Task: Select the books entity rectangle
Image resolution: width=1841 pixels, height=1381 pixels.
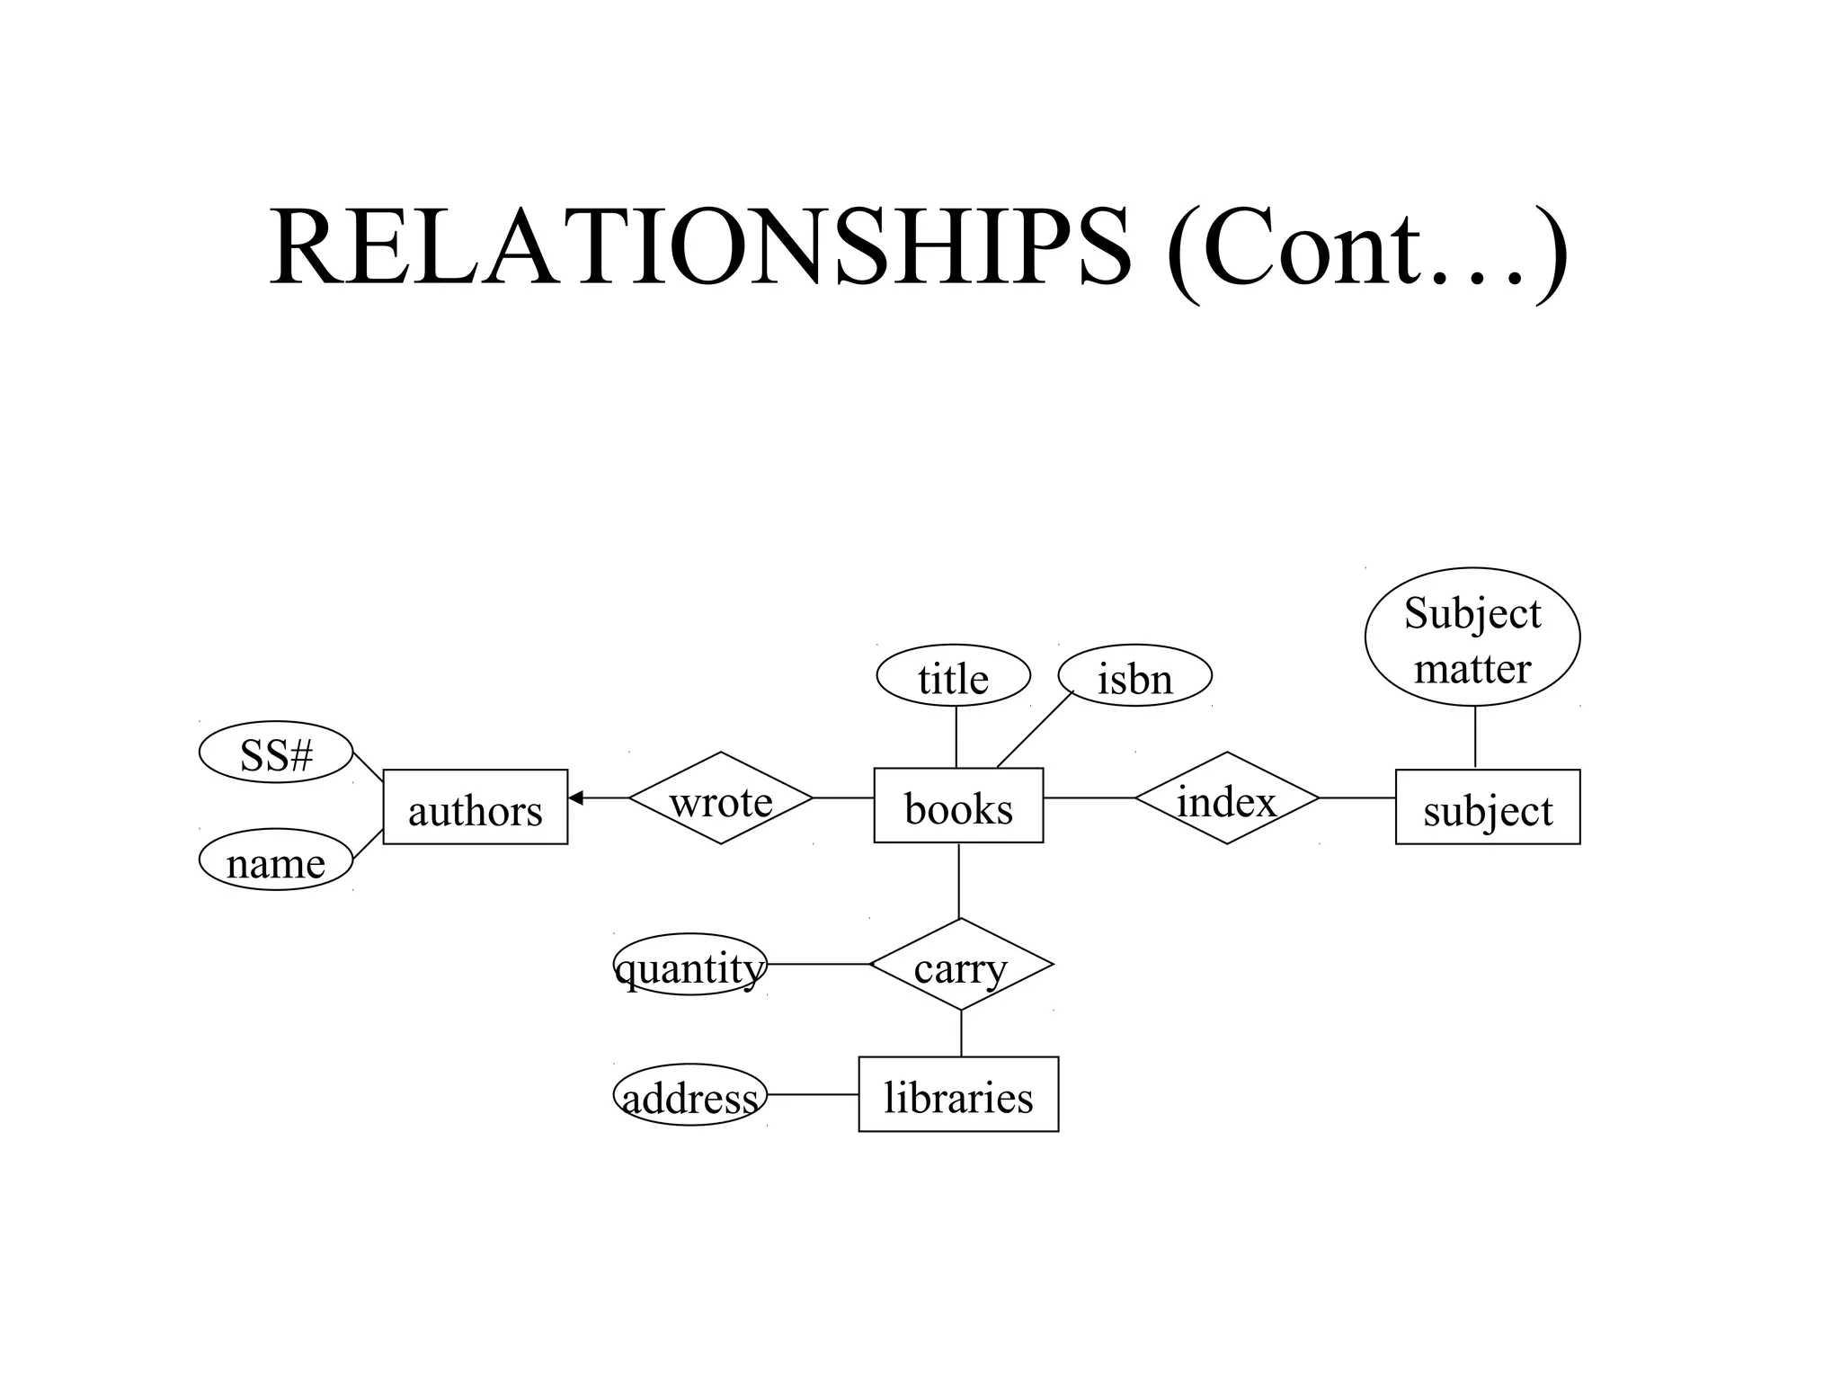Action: tap(958, 806)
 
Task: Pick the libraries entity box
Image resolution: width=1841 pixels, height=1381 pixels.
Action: tap(958, 1094)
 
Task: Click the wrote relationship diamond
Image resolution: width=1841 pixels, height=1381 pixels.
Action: tap(721, 798)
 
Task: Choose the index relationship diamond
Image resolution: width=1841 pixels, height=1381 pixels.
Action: tap(1227, 798)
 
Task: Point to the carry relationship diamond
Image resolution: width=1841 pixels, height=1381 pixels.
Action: tap(961, 965)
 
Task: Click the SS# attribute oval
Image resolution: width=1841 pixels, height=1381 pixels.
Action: tap(276, 753)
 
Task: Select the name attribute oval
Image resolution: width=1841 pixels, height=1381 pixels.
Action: tap(276, 860)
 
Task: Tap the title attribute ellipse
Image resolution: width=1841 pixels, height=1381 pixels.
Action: tap(954, 676)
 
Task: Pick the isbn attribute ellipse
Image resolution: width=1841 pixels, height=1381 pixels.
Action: tap(1135, 676)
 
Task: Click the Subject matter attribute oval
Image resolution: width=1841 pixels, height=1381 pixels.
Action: tap(1472, 637)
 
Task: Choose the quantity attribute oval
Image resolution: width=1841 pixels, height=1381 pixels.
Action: tap(690, 965)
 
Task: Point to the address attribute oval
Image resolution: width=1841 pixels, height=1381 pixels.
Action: tap(690, 1095)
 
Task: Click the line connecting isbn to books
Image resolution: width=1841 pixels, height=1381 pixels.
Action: tap(1035, 729)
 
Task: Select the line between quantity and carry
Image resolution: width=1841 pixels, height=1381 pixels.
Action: tap(818, 964)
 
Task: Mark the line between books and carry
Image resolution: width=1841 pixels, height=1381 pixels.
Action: tap(959, 880)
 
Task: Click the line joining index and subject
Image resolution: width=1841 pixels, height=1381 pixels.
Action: tap(1356, 797)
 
